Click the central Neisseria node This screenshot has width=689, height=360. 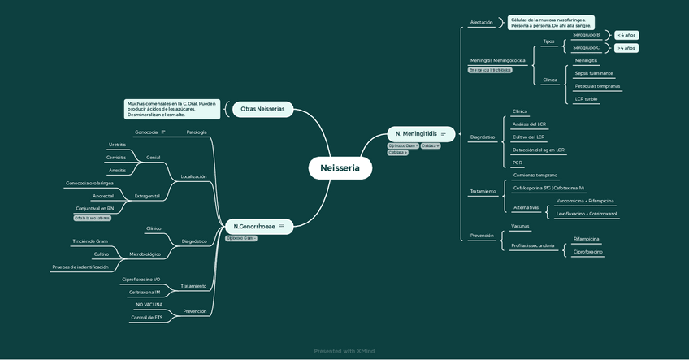pyautogui.click(x=340, y=168)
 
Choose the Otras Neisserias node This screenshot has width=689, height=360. pyautogui.click(x=262, y=109)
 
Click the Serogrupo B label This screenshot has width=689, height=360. pyautogui.click(x=586, y=35)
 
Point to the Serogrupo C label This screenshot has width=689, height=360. pyautogui.click(x=586, y=48)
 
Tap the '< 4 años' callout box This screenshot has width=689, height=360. pyautogui.click(x=626, y=35)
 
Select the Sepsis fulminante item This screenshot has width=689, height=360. pyautogui.click(x=594, y=73)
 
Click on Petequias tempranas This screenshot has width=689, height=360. pyautogui.click(x=597, y=86)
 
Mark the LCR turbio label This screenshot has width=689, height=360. pyautogui.click(x=586, y=99)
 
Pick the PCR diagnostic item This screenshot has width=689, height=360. pyautogui.click(x=518, y=163)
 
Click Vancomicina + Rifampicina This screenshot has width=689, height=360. pyautogui.click(x=585, y=201)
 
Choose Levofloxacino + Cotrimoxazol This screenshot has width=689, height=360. pyautogui.click(x=587, y=214)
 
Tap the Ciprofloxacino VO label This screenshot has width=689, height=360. pyautogui.click(x=141, y=280)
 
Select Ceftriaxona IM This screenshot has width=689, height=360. pyautogui.click(x=145, y=292)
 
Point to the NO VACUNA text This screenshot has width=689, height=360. pyautogui.click(x=149, y=305)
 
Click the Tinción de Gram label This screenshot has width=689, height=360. pyautogui.click(x=89, y=241)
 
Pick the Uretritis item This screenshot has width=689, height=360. pyautogui.click(x=117, y=145)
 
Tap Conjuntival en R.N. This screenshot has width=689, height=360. pyautogui.click(x=94, y=208)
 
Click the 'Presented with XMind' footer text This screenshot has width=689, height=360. pyautogui.click(x=344, y=351)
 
